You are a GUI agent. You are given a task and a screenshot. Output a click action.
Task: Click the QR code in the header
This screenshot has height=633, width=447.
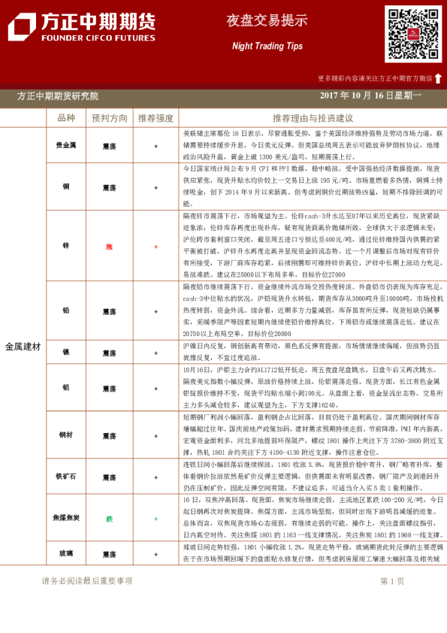point(413,34)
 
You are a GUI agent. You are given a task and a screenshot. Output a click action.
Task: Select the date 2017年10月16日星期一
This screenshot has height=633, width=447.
point(370,96)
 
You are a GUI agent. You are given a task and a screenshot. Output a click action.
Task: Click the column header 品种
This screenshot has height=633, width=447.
point(66,118)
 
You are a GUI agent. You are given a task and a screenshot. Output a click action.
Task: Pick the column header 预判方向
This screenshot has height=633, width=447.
point(110,118)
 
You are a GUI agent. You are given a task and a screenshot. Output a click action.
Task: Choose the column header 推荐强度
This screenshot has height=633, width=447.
point(156,118)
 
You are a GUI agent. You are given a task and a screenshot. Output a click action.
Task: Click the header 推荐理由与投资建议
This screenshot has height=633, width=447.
point(313,118)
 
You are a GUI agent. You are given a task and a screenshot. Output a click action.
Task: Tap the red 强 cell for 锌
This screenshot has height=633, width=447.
point(110,246)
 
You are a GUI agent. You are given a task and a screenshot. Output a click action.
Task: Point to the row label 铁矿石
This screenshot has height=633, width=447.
point(66,477)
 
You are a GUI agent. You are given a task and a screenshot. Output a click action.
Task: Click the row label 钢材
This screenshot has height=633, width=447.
point(66,435)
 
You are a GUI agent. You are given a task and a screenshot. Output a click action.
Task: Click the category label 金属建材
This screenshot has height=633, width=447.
point(23,347)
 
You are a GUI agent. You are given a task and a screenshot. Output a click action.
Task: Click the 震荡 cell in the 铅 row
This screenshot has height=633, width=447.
point(110,310)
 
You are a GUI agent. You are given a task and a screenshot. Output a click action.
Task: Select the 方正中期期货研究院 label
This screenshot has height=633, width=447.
point(58,96)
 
